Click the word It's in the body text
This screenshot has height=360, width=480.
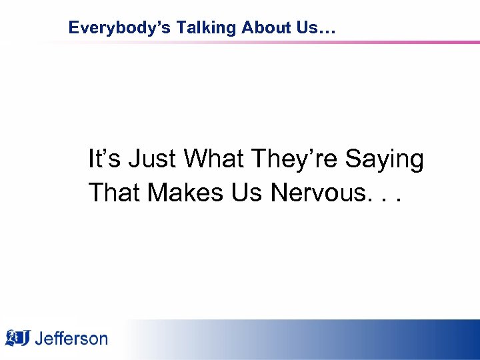click(102, 159)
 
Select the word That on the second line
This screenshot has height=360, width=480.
click(114, 193)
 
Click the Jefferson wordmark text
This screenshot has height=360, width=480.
click(71, 339)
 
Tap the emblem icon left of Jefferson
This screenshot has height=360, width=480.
click(18, 338)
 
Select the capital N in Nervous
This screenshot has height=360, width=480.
click(279, 193)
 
